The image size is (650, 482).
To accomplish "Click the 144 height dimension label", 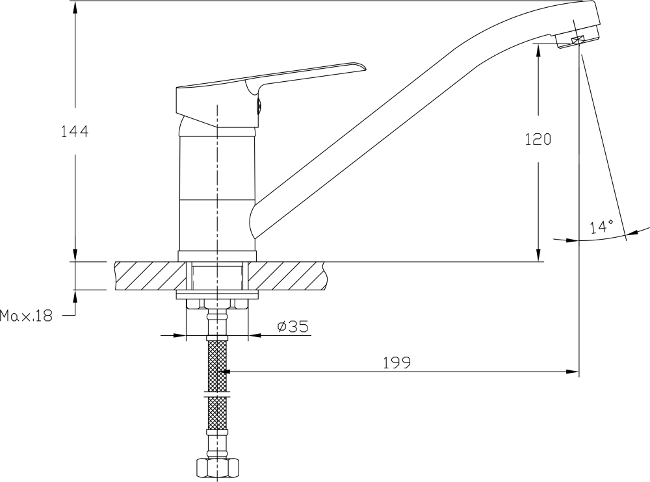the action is (75, 132).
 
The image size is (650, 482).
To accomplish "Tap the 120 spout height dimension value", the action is (538, 139).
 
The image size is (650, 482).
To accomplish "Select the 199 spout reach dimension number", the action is (396, 362).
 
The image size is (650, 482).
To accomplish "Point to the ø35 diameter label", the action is (293, 327).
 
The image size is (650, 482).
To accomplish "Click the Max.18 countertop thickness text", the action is (27, 316).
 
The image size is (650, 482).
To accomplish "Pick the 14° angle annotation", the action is (602, 227).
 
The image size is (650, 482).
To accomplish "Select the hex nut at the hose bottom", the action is (217, 469).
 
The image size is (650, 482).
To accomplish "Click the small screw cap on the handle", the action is (259, 107).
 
